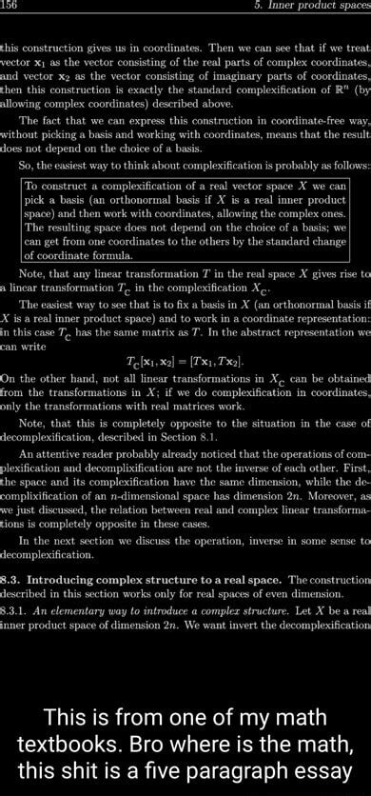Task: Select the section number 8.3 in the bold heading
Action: [12, 579]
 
